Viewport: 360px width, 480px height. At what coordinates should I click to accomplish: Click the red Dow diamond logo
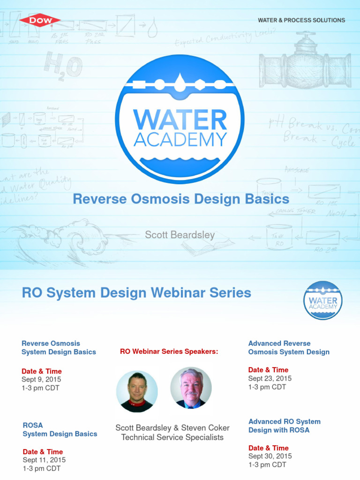[x=40, y=20]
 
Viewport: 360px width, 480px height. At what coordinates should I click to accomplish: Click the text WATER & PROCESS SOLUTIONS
[x=301, y=20]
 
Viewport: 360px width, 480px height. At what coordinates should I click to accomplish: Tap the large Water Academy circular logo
[x=180, y=119]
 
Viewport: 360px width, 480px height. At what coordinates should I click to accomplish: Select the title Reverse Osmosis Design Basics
[x=181, y=199]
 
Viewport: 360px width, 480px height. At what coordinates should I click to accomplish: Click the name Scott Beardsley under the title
[x=180, y=235]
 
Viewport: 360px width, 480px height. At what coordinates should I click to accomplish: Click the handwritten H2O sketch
[x=63, y=66]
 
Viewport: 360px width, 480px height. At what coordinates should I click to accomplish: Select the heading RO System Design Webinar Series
[x=136, y=293]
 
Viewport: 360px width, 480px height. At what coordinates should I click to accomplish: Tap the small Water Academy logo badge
[x=323, y=300]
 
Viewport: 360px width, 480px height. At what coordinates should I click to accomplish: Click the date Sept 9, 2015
[x=41, y=379]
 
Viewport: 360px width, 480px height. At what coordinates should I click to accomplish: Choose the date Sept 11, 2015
[x=44, y=460]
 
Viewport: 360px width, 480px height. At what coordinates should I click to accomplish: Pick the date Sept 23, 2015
[x=270, y=378]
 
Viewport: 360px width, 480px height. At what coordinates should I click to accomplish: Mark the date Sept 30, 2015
[x=270, y=456]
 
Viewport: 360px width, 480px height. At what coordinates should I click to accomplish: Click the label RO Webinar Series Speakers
[x=169, y=351]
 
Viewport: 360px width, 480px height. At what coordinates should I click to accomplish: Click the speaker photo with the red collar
[x=137, y=391]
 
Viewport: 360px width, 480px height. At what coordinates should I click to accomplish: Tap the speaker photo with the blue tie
[x=191, y=388]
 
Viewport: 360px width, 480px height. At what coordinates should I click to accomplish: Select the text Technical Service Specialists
[x=172, y=437]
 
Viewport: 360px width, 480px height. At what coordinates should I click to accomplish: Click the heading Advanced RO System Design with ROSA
[x=284, y=426]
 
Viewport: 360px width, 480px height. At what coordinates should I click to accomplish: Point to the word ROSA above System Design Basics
[x=33, y=425]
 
